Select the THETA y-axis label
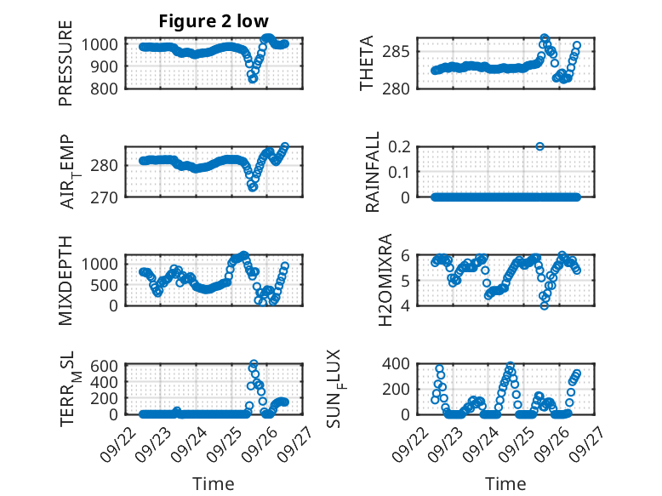click(367, 64)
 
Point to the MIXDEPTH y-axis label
click(66, 279)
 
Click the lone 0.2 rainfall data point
click(539, 146)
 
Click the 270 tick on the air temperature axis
click(108, 197)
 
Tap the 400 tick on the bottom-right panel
click(402, 363)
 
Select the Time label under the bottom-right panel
click(505, 484)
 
